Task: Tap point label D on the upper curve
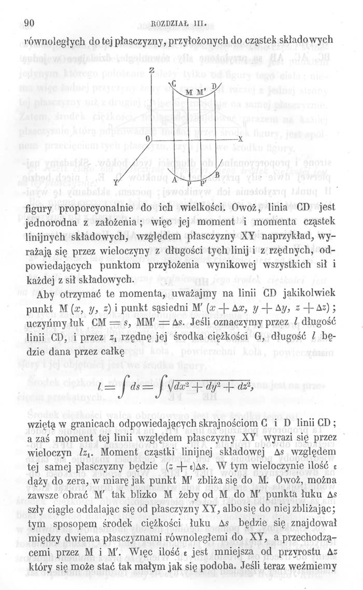click(x=214, y=85)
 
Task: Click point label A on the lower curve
click(x=174, y=179)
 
